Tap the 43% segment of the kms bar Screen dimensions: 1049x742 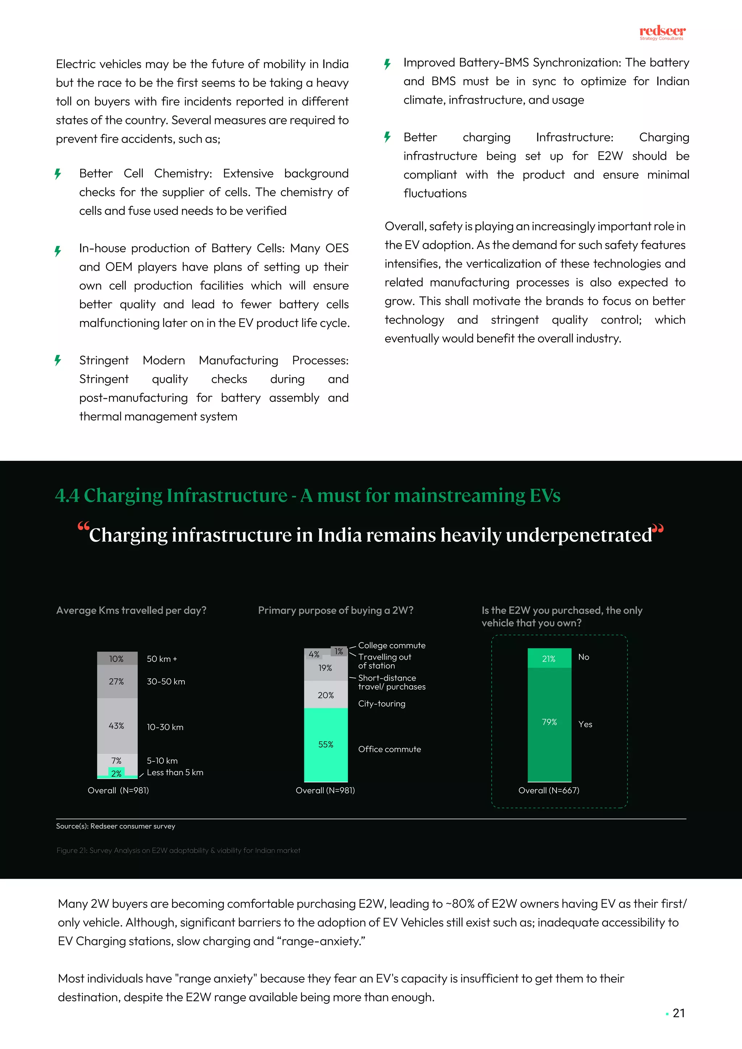(117, 726)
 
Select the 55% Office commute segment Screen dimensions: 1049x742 (326, 744)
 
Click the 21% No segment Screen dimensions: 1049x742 (549, 659)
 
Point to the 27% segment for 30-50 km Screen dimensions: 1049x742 (117, 681)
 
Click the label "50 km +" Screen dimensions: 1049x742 (162, 659)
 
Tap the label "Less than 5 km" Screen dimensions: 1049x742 (175, 773)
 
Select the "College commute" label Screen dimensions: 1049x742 (392, 645)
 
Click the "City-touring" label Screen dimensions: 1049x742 (382, 703)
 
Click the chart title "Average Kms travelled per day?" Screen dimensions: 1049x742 (131, 610)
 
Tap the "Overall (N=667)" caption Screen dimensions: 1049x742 (549, 790)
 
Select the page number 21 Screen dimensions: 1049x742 (679, 1014)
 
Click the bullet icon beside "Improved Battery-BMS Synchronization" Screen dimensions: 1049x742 (387, 63)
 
